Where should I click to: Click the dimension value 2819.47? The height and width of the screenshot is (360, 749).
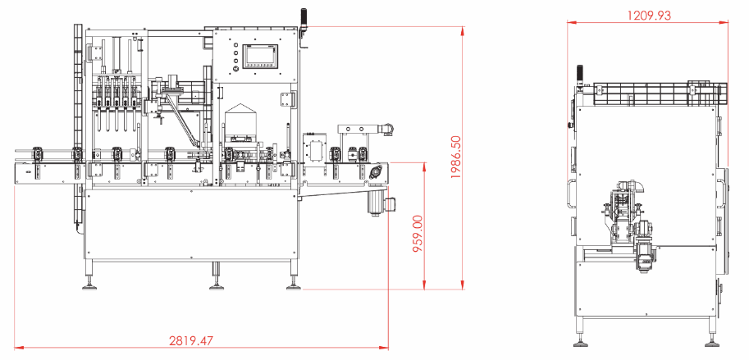(191, 341)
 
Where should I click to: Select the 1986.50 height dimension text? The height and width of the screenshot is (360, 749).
(456, 157)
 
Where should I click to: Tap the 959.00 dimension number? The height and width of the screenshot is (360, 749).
(418, 234)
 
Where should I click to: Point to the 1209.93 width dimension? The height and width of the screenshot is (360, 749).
(649, 16)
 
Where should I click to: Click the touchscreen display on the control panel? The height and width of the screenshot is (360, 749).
(260, 57)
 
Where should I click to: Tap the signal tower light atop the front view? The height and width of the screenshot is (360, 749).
(303, 21)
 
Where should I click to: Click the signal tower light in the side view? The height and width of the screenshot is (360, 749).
(580, 75)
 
